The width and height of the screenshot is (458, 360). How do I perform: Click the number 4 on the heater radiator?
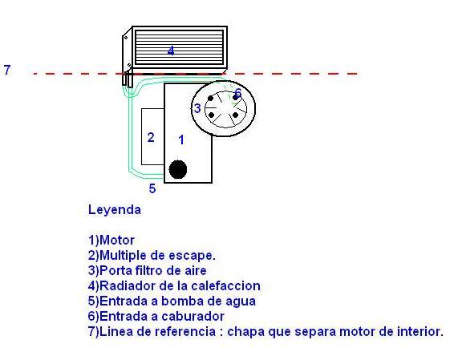171,51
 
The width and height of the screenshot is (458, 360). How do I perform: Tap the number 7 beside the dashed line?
7,70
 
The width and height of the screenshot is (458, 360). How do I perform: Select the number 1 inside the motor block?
181,140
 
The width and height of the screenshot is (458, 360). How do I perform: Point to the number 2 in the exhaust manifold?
151,137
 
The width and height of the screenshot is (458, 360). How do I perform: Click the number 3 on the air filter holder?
197,108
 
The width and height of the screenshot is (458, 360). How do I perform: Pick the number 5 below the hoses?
152,188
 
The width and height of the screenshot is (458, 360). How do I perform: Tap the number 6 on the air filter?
237,93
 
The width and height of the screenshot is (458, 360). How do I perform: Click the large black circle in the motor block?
178,169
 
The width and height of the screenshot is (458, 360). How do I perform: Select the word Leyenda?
115,209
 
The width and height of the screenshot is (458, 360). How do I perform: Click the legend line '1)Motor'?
111,240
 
